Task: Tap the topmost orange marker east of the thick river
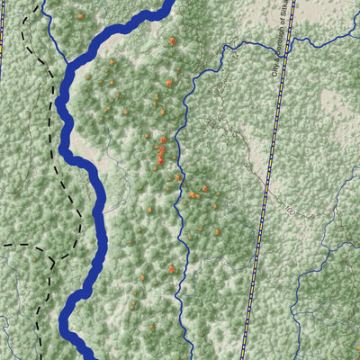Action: tap(171, 40)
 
